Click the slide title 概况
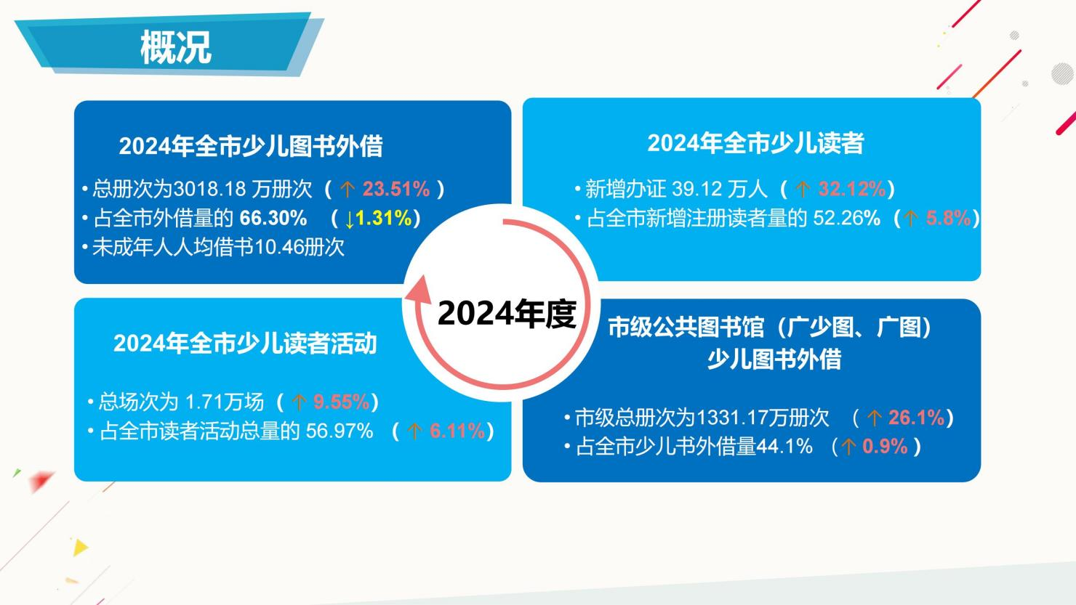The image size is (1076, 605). click(175, 47)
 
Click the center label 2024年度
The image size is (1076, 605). click(506, 314)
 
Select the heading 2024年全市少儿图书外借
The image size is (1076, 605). click(251, 146)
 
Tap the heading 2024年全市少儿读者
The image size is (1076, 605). click(755, 143)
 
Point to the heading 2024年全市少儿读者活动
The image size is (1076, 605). click(245, 343)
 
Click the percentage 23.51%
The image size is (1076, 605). click(396, 190)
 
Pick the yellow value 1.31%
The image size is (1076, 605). click(384, 218)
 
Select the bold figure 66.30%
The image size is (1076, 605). click(273, 218)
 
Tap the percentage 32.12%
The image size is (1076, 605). click(851, 190)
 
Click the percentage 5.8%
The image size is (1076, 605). click(948, 218)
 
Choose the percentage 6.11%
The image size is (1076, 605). click(457, 431)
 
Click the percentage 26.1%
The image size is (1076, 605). click(916, 418)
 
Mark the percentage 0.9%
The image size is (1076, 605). click(885, 446)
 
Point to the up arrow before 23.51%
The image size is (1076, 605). click(348, 190)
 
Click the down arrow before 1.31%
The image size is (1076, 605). click(350, 219)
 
